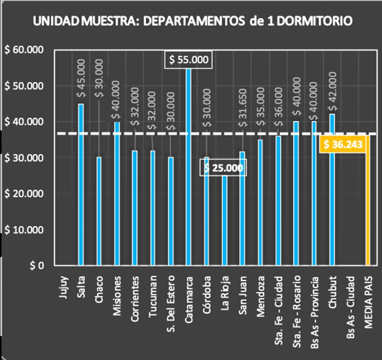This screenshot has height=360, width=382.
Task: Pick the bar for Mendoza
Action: click(260, 202)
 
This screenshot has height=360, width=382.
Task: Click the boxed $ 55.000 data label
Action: click(188, 60)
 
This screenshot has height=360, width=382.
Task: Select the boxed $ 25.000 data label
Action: click(223, 168)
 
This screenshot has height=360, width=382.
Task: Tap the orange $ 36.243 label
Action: click(343, 144)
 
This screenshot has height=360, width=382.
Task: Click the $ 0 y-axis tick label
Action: click(37, 266)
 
